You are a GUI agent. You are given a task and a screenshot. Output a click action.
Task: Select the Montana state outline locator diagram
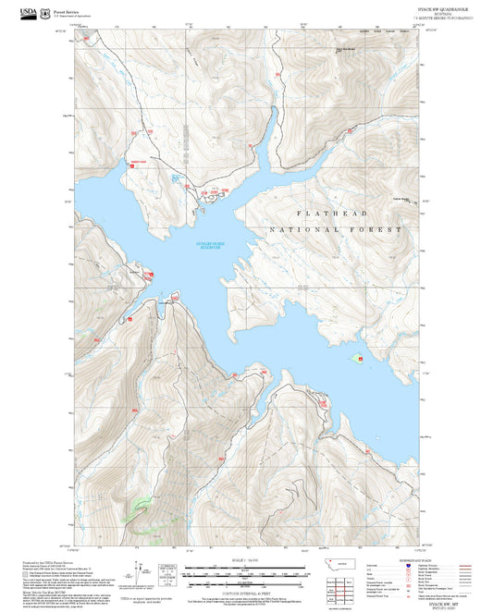point(328,565)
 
